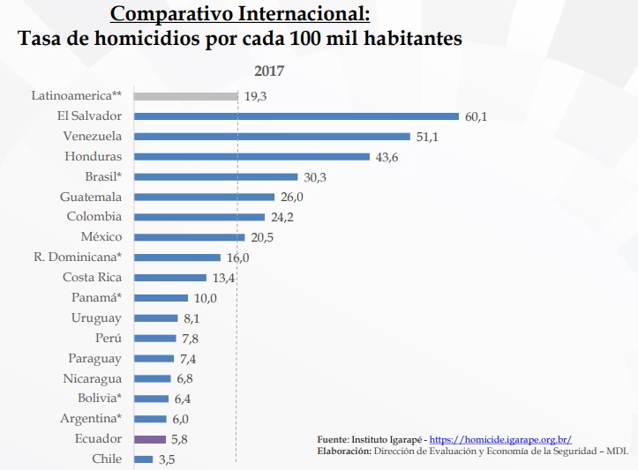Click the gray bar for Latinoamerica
coord(185,95)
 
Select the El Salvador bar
coord(296,116)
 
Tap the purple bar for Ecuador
coord(149,438)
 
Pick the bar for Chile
coord(143,459)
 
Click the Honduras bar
coord(251,156)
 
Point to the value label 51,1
coord(427,136)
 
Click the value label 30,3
coord(314,176)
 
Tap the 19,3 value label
coord(256,96)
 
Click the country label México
coord(101,236)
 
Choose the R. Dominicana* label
coord(79,257)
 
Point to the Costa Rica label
coord(92,277)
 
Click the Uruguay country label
coord(96,317)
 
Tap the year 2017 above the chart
coord(269,71)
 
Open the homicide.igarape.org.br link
coord(500,439)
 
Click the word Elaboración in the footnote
coord(343,451)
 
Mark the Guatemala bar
coord(204,197)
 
